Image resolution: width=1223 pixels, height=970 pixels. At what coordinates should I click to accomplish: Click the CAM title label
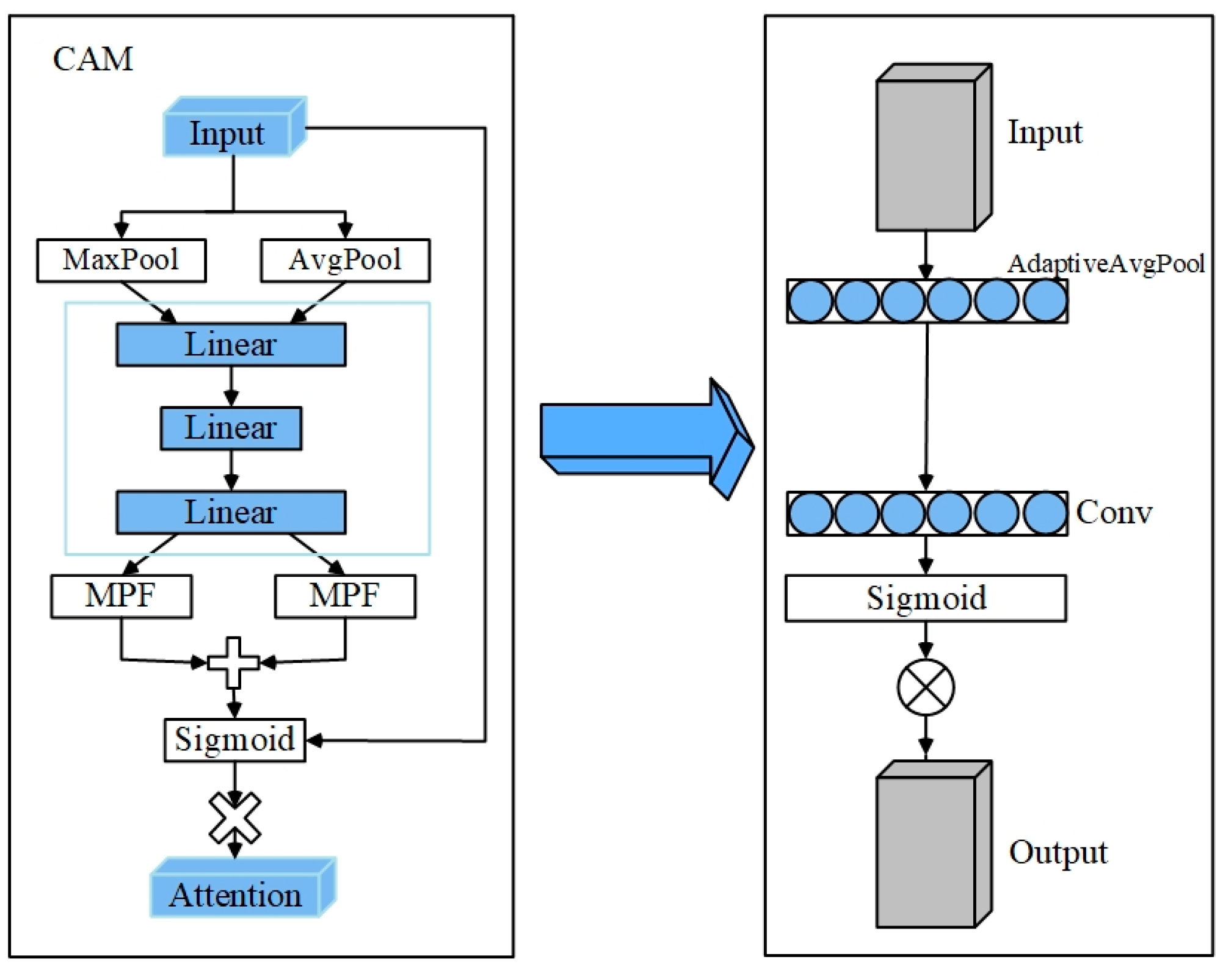pyautogui.click(x=93, y=59)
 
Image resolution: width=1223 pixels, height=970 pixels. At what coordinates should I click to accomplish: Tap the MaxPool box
pyautogui.click(x=121, y=260)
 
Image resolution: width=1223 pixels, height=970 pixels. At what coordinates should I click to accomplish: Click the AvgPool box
pyautogui.click(x=345, y=260)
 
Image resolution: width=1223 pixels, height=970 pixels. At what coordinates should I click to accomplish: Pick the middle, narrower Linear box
pyautogui.click(x=231, y=428)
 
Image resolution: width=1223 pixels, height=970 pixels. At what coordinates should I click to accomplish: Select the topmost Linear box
pyautogui.click(x=231, y=344)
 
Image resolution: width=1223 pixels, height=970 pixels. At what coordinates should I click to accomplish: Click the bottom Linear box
pyautogui.click(x=231, y=512)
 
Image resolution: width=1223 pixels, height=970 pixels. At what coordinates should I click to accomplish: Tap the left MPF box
pyautogui.click(x=121, y=596)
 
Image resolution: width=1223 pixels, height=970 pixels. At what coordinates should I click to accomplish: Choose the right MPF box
pyautogui.click(x=345, y=596)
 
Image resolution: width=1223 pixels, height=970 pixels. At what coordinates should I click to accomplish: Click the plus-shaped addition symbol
pyautogui.click(x=234, y=662)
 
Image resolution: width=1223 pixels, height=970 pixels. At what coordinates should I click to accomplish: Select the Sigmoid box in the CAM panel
pyautogui.click(x=234, y=739)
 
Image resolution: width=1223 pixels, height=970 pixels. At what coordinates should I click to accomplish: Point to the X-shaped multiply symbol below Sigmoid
pyautogui.click(x=235, y=818)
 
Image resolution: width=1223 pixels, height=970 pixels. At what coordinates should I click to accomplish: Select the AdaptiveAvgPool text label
pyautogui.click(x=1105, y=264)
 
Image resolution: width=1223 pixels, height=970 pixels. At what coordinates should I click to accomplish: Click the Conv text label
pyautogui.click(x=1113, y=512)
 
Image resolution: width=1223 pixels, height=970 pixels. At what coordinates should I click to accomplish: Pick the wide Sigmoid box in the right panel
pyautogui.click(x=925, y=598)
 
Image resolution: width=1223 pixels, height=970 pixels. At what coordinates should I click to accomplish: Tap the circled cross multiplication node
pyautogui.click(x=926, y=687)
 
